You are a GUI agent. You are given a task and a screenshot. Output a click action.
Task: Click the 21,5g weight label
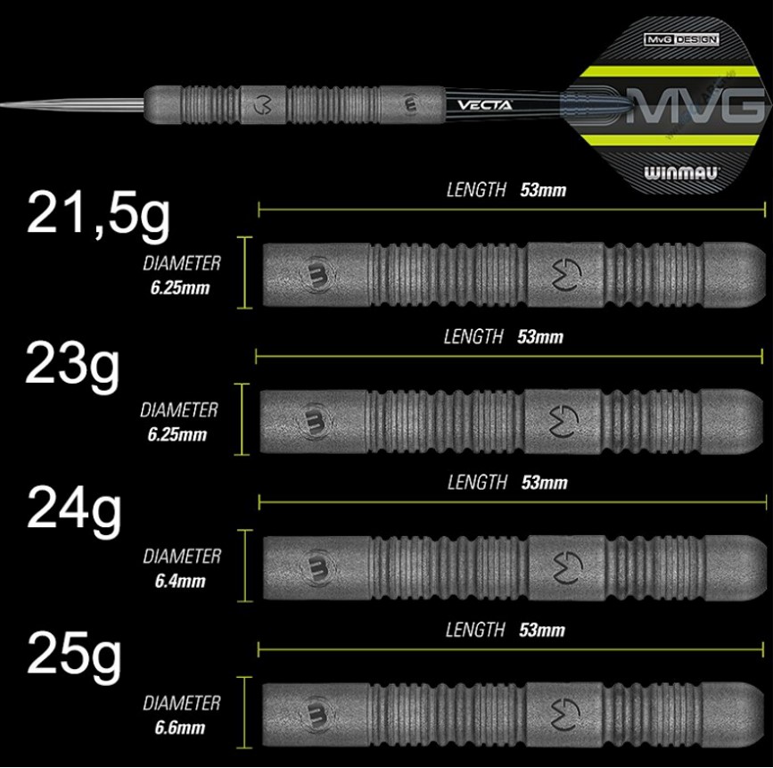coord(99,217)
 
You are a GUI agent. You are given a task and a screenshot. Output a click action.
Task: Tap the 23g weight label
coord(72,367)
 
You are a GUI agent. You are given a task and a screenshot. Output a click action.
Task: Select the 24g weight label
coord(74,510)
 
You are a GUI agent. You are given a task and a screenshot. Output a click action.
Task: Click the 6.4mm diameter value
coord(180,581)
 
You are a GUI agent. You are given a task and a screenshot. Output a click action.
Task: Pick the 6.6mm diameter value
coord(180,728)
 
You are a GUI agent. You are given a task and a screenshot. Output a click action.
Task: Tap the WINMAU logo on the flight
coord(682,173)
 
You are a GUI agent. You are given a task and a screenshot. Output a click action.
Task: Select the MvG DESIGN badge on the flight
coord(682,39)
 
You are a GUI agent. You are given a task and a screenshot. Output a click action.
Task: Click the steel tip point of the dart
coord(2,104)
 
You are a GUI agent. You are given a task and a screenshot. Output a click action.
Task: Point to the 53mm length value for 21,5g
coord(543,190)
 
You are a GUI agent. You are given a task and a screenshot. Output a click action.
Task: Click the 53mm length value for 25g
coord(542,630)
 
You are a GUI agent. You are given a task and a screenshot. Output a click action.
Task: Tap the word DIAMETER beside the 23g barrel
coord(179,410)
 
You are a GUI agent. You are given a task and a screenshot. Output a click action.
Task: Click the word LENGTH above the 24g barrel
coord(477,483)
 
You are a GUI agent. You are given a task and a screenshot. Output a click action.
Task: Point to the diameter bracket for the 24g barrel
coord(245,566)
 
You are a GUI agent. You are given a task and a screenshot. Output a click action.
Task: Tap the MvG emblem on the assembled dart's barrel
coord(262,103)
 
